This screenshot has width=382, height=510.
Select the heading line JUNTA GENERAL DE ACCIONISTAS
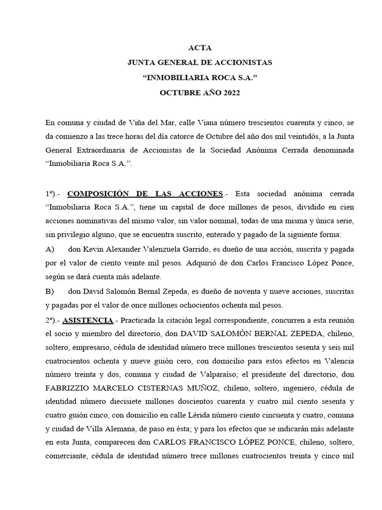(199, 63)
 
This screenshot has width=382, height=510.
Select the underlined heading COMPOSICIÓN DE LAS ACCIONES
(145, 193)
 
